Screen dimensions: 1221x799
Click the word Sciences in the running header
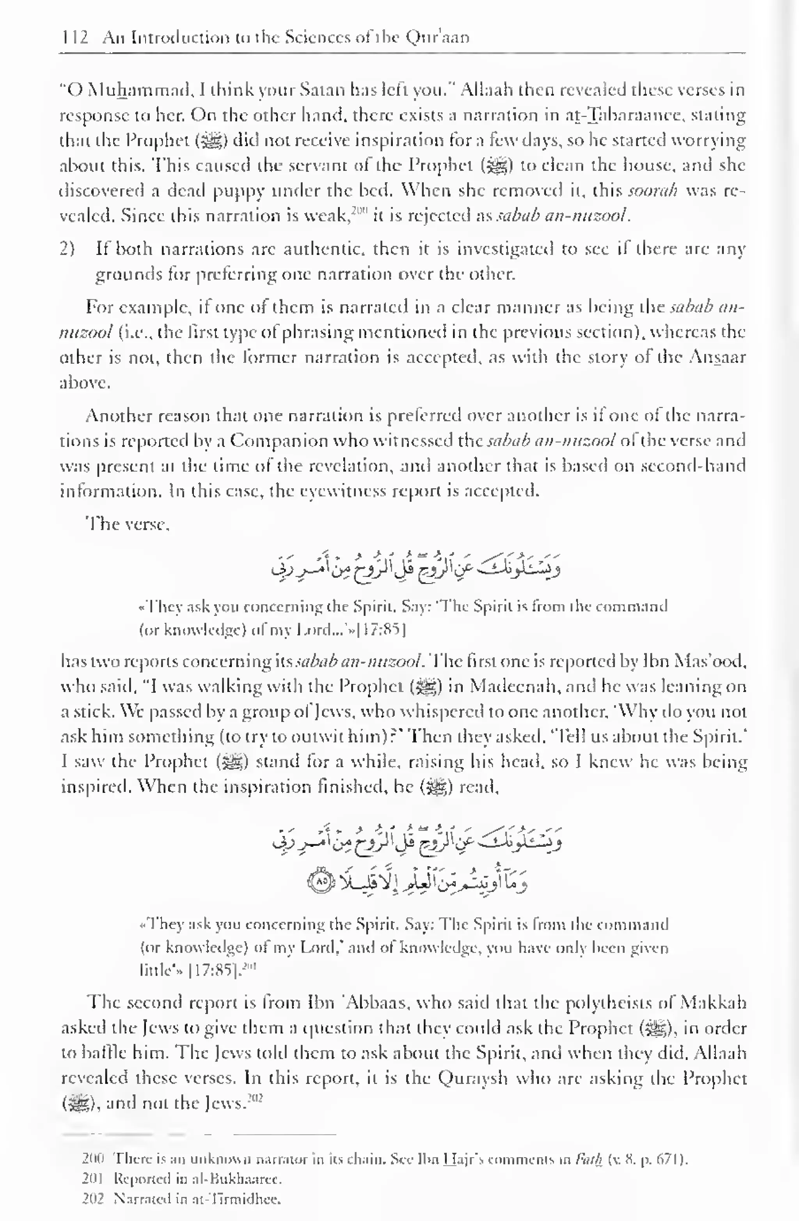pyautogui.click(x=318, y=38)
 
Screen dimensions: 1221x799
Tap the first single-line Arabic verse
pyautogui.click(x=415, y=567)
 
